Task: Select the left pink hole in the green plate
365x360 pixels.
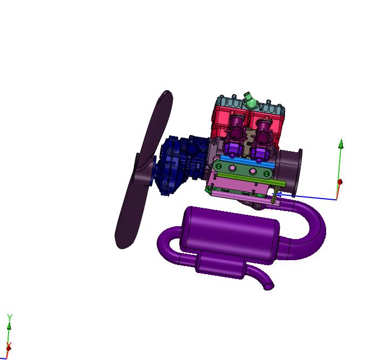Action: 232,168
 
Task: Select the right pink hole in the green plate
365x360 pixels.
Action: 253,172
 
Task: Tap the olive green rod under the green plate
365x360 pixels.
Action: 252,179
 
